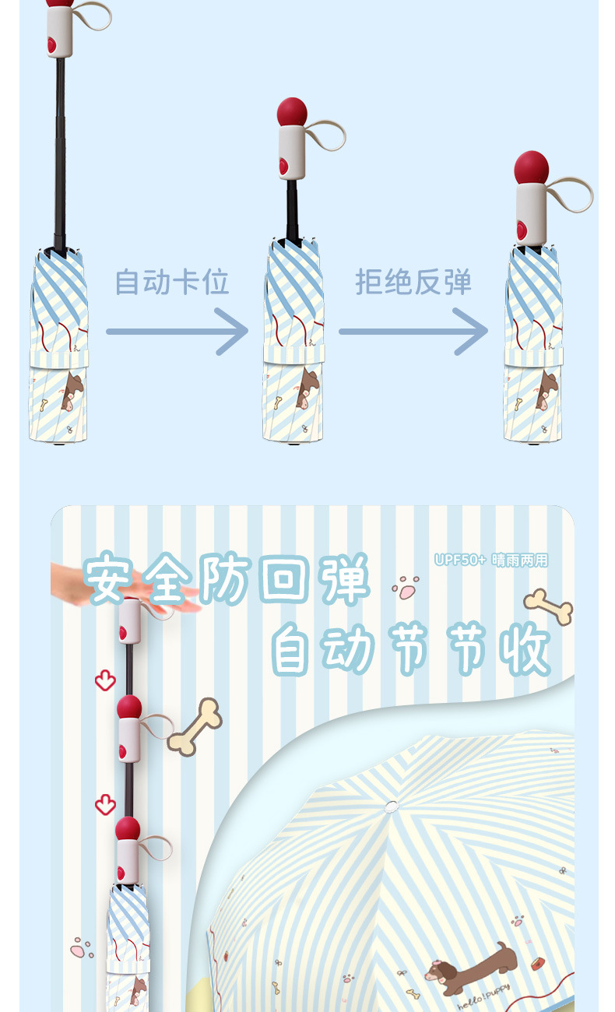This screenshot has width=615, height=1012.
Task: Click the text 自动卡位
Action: pyautogui.click(x=172, y=282)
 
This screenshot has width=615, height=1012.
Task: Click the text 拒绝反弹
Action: pyautogui.click(x=413, y=282)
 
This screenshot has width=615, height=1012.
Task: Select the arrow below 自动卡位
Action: pyautogui.click(x=177, y=332)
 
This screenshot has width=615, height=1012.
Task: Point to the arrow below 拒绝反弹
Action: pyautogui.click(x=413, y=332)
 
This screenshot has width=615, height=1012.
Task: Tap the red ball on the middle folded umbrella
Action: pyautogui.click(x=292, y=112)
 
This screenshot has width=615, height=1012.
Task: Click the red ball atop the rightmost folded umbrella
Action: pyautogui.click(x=532, y=167)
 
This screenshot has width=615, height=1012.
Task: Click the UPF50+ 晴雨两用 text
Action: pyautogui.click(x=491, y=560)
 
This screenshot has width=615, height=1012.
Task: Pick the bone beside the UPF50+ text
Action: pyautogui.click(x=549, y=606)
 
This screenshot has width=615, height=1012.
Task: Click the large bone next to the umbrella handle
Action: pyautogui.click(x=195, y=727)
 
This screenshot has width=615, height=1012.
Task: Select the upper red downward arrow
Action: pyautogui.click(x=105, y=681)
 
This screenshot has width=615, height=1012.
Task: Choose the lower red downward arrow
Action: pyautogui.click(x=105, y=804)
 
